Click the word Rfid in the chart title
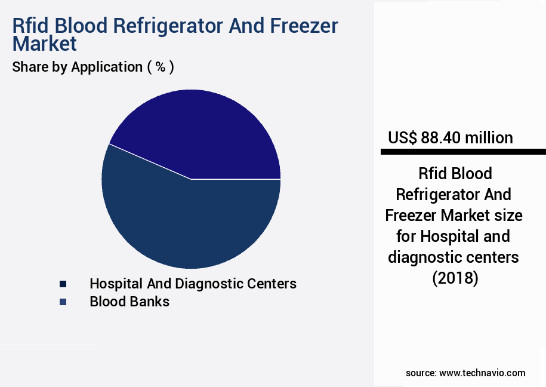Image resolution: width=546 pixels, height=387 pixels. tap(30, 26)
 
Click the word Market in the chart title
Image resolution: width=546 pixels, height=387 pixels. tap(45, 44)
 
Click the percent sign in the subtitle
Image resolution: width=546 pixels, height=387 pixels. tap(161, 67)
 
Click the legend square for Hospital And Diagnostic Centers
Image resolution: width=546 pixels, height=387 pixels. tap(63, 284)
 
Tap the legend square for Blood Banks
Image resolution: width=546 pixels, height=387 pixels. tap(63, 302)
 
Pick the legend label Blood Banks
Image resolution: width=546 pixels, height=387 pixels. tap(129, 302)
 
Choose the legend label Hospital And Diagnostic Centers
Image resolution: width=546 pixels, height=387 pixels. tap(193, 284)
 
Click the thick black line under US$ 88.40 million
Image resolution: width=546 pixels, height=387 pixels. tap(463, 152)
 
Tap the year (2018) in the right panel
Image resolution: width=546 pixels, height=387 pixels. tap(455, 278)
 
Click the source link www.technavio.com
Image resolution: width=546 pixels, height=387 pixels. tap(482, 373)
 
